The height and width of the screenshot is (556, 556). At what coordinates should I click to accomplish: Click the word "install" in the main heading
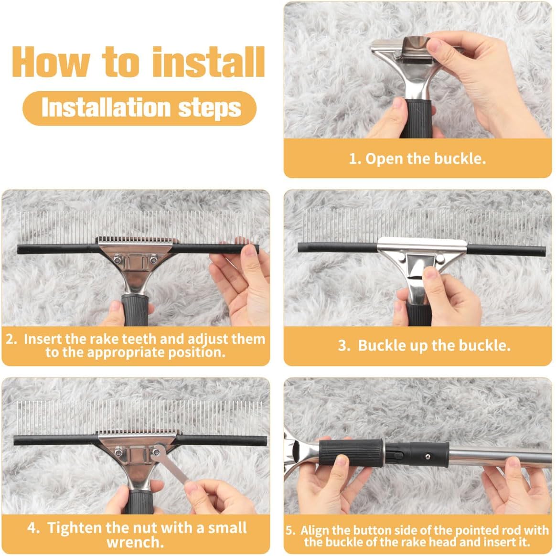click(x=208, y=62)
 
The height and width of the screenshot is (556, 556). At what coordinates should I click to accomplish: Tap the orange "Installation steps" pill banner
click(x=139, y=108)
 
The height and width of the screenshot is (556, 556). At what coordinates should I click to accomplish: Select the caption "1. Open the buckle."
click(x=417, y=159)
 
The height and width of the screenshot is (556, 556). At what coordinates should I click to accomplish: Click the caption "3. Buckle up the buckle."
click(x=424, y=345)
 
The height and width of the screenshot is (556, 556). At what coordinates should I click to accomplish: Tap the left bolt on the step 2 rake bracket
click(x=116, y=260)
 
